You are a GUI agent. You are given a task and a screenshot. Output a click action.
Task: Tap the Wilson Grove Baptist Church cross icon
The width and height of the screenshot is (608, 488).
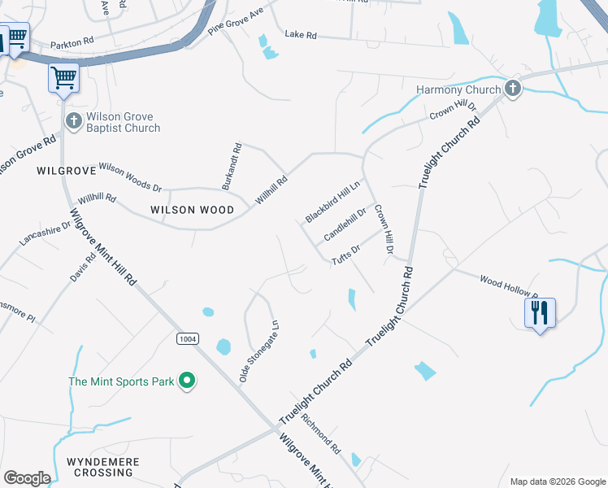pos(73,122)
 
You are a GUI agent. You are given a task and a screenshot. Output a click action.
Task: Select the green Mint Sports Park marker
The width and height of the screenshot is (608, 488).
pos(187,381)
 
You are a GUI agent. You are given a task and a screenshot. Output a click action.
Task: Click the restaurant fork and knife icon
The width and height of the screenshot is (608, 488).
pos(541,312)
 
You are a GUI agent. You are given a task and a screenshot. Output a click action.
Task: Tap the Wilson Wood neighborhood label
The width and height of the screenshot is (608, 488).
pos(193,210)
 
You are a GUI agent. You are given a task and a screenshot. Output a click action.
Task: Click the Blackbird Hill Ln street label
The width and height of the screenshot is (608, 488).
pos(333,203)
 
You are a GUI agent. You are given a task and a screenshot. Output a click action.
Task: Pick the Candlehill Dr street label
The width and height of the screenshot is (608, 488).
pos(346,224)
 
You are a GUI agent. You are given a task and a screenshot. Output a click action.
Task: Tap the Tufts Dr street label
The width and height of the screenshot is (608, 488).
pos(346,255)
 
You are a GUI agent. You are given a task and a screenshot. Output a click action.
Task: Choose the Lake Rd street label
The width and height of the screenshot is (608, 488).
pos(300,35)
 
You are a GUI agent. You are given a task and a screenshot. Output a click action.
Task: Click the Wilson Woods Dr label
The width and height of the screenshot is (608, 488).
pos(130,176)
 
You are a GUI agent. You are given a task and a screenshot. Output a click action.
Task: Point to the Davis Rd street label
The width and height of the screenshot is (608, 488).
pos(84,267)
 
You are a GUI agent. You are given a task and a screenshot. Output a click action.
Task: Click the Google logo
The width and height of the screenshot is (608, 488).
pos(27,478)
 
